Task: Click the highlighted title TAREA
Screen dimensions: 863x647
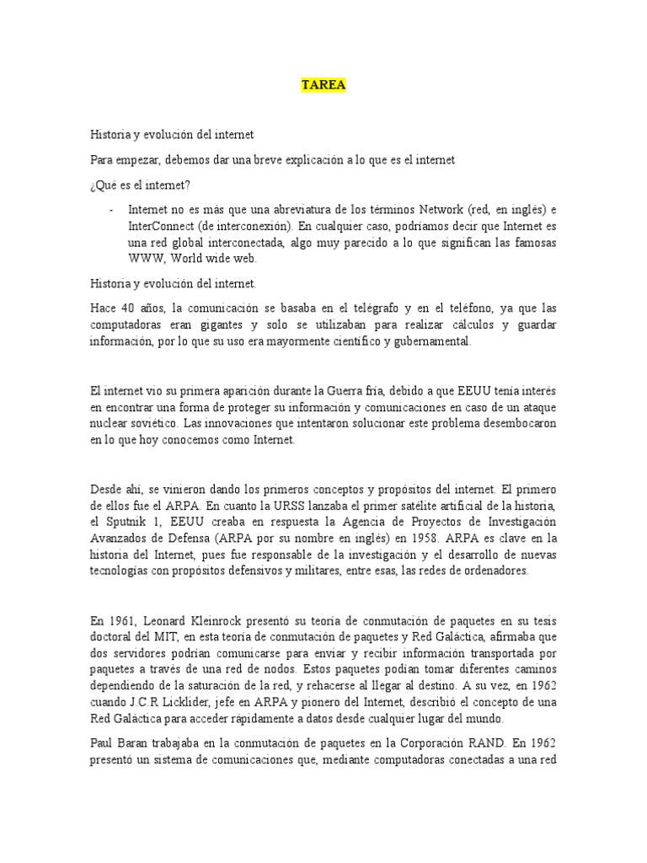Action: pyautogui.click(x=323, y=85)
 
